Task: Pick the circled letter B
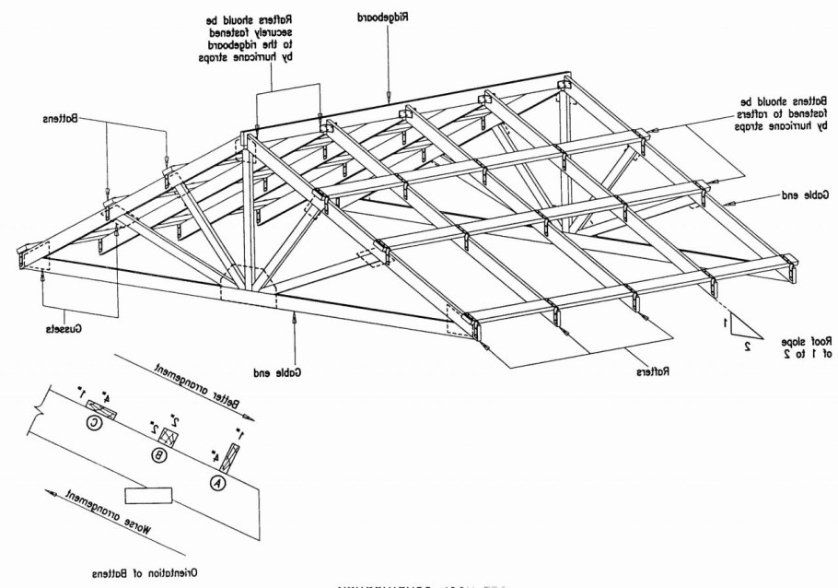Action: (x=160, y=454)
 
